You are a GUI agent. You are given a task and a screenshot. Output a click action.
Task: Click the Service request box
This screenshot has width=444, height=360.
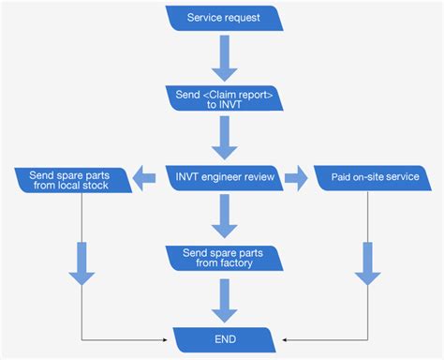[x=223, y=18]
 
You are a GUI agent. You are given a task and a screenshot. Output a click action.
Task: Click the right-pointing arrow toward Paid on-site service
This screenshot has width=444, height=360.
[x=294, y=176]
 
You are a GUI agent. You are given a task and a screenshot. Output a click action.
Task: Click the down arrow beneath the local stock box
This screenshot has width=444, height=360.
[x=82, y=263]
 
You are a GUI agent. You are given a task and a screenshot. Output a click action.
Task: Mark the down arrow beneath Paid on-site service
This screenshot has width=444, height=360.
[x=367, y=263]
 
